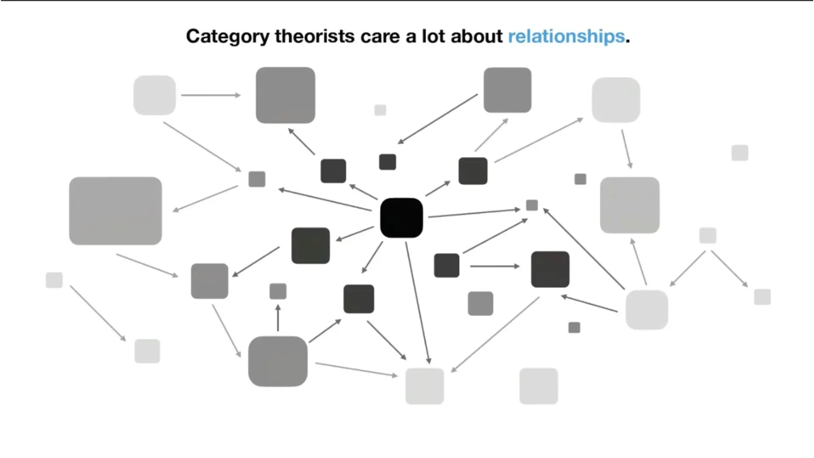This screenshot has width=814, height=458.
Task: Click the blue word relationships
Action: [x=566, y=36]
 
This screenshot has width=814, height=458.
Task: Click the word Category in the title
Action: [x=228, y=36]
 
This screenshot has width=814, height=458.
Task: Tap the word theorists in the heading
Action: [x=315, y=36]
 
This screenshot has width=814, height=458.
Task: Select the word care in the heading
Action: [x=380, y=36]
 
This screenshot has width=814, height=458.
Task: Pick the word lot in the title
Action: [x=433, y=36]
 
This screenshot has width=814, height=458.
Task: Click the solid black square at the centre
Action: [x=401, y=218]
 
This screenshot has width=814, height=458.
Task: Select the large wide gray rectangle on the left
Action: [x=115, y=211]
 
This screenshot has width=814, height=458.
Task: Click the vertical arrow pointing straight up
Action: [x=278, y=318]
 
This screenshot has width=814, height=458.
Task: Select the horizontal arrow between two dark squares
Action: [x=495, y=266]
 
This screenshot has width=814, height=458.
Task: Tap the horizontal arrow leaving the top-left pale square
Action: [x=211, y=95]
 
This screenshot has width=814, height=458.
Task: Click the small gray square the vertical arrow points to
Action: [x=278, y=291]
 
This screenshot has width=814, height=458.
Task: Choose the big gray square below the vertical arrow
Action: [x=278, y=361]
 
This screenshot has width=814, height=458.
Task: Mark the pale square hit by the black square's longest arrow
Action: [x=424, y=386]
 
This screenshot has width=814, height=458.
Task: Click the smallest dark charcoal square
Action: [x=387, y=162]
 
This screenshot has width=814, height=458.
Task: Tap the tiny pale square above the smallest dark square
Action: [x=380, y=110]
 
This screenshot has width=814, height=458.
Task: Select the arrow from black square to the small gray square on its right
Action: [x=474, y=213]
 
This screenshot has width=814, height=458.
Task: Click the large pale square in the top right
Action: [x=616, y=100]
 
